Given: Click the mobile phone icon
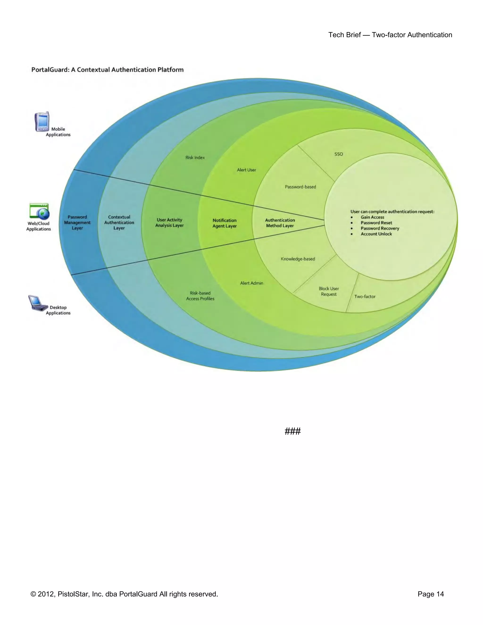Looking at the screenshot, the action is pos(42,122).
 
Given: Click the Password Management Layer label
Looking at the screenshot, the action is pos(77,223).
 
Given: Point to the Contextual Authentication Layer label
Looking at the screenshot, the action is pos(119,223).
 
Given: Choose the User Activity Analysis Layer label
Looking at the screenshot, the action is pos(169,223).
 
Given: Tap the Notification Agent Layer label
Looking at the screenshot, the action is pos(225,223).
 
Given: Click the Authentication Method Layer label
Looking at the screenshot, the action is pos(280,223).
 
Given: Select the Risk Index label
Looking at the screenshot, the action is pos(195,158).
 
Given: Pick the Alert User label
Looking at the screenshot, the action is pos(246,170).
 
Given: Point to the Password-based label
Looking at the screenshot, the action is pos(300,187).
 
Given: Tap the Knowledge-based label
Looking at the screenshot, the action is pos(298,259).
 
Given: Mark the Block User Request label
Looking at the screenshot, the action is pos(329,291).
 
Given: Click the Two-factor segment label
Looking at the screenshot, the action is pos(365,297).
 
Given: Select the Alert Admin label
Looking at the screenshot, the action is pos(251,283).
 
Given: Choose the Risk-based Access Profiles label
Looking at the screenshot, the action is pos(200,296).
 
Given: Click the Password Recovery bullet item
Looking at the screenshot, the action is pos(380,228).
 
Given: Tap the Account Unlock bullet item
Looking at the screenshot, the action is pos(376,234).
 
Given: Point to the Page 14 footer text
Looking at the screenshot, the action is pos(431,594).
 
